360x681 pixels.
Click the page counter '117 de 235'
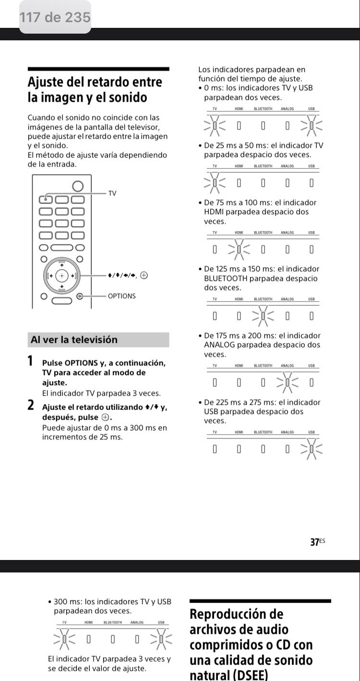[55, 18]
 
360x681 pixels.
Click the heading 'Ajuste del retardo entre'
[95, 82]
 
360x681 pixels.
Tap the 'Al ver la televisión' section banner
[98, 340]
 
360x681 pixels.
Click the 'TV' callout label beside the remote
[112, 193]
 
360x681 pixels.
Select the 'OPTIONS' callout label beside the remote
[121, 296]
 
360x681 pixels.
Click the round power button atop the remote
[77, 186]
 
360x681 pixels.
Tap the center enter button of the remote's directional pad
[62, 276]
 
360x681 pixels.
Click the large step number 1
[31, 360]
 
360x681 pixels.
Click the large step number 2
[31, 405]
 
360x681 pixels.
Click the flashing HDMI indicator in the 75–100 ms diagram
[239, 249]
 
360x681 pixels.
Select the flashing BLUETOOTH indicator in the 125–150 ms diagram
[263, 316]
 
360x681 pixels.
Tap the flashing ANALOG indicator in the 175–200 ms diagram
[287, 382]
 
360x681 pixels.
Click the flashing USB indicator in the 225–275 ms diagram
[312, 449]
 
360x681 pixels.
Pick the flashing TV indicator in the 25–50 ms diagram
[215, 182]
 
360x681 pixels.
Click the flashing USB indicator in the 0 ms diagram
[312, 126]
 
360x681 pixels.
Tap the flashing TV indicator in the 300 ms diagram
[64, 639]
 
